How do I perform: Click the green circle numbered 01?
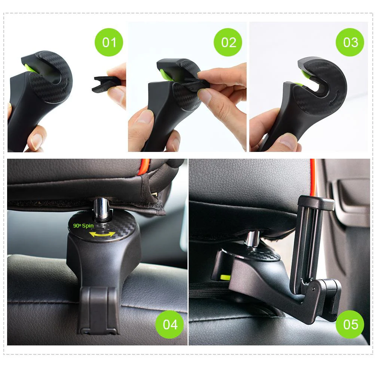(x=109, y=42)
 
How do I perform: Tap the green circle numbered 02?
(x=228, y=42)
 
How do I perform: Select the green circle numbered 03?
(x=350, y=42)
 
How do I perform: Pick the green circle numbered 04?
(x=170, y=324)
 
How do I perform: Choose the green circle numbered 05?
(x=350, y=324)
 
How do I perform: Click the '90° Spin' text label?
(x=83, y=226)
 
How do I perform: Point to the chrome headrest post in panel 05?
(x=253, y=238)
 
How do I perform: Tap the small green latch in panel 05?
(x=225, y=277)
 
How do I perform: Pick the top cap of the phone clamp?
(x=316, y=202)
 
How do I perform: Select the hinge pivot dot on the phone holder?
(x=314, y=289)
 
